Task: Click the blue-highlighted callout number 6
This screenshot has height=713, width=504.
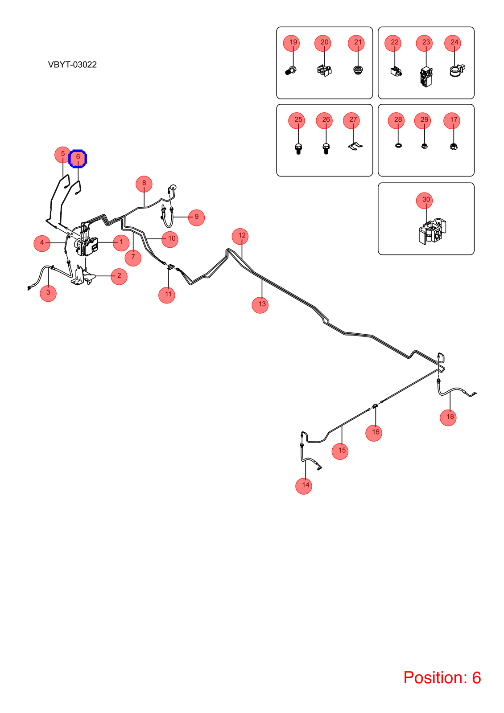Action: coord(78,158)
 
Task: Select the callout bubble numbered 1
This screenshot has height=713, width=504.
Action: coord(121,242)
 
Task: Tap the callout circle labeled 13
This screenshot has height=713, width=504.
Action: coord(260,305)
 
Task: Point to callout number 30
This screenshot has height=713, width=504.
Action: coord(424,201)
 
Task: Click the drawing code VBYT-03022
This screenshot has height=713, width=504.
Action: coord(72,65)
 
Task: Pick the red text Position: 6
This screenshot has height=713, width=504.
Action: coord(442,677)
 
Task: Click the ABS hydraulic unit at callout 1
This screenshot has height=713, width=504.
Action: coord(87,246)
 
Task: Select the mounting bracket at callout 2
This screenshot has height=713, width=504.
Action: coord(83,276)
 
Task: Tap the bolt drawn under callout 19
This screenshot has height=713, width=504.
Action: coord(290,70)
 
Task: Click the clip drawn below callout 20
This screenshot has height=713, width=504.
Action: coord(324,70)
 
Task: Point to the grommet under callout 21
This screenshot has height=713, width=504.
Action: coord(358,70)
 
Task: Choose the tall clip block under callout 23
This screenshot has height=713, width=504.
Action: coord(426,77)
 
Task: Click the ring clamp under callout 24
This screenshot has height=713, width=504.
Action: coord(457,71)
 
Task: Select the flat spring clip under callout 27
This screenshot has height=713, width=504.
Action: coord(355,146)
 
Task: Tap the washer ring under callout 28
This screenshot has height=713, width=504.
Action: coord(398,145)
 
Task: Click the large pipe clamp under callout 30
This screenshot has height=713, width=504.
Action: coord(432,231)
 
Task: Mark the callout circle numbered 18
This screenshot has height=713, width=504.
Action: coord(448,418)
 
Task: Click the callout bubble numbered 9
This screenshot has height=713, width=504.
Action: coord(196,218)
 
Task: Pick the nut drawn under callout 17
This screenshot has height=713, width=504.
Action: coord(453,147)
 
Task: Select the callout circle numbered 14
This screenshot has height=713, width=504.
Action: coord(304,486)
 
